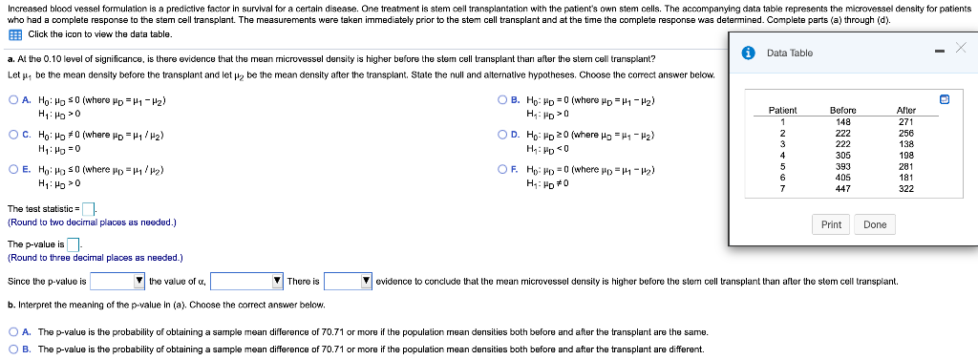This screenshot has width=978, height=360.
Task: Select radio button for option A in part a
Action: pyautogui.click(x=12, y=100)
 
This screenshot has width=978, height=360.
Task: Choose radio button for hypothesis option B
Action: pyautogui.click(x=503, y=100)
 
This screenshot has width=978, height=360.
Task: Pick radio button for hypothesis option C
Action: pyautogui.click(x=12, y=135)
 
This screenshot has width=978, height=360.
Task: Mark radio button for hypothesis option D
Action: pyautogui.click(x=503, y=135)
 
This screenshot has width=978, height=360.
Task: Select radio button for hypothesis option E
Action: pyautogui.click(x=12, y=169)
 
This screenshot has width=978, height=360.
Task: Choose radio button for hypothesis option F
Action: pyautogui.click(x=503, y=169)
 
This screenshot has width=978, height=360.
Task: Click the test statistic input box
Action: pyautogui.click(x=88, y=209)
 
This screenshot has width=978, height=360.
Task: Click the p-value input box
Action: pyautogui.click(x=73, y=244)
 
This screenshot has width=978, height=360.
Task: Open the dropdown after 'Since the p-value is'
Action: pyautogui.click(x=117, y=281)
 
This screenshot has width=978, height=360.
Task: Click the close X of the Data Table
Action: pyautogui.click(x=960, y=48)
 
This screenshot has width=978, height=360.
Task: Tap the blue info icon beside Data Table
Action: pyautogui.click(x=751, y=53)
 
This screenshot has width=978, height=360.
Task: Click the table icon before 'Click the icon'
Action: pyautogui.click(x=14, y=34)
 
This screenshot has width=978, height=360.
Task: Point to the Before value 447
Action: pyautogui.click(x=842, y=188)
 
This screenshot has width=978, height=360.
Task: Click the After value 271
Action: pyautogui.click(x=906, y=121)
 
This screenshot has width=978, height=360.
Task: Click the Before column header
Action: pyautogui.click(x=842, y=110)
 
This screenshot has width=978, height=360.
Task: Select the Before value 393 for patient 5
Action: pyautogui.click(x=842, y=165)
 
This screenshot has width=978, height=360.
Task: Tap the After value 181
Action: pyautogui.click(x=906, y=177)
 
